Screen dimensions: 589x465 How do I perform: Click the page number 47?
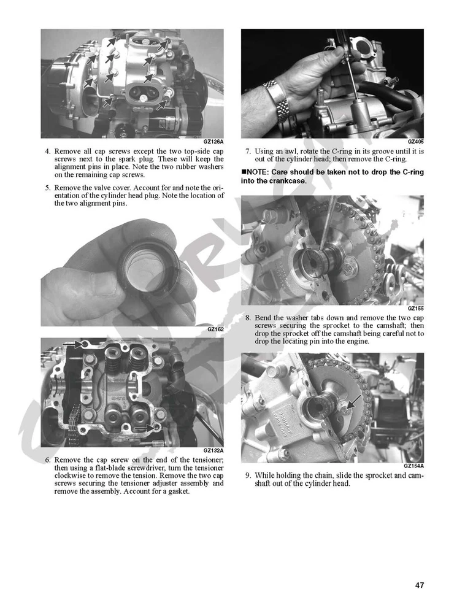pyautogui.click(x=419, y=568)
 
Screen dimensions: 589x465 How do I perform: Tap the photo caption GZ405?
pyautogui.click(x=415, y=142)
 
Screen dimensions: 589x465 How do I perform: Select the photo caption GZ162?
pyautogui.click(x=216, y=329)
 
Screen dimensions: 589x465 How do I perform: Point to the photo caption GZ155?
pyautogui.click(x=415, y=309)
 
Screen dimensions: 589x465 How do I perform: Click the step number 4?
pyautogui.click(x=47, y=151)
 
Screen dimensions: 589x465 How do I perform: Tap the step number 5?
pyautogui.click(x=47, y=187)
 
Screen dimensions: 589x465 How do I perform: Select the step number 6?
pyautogui.click(x=47, y=460)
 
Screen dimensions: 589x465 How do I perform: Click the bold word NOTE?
pyautogui.click(x=258, y=172)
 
